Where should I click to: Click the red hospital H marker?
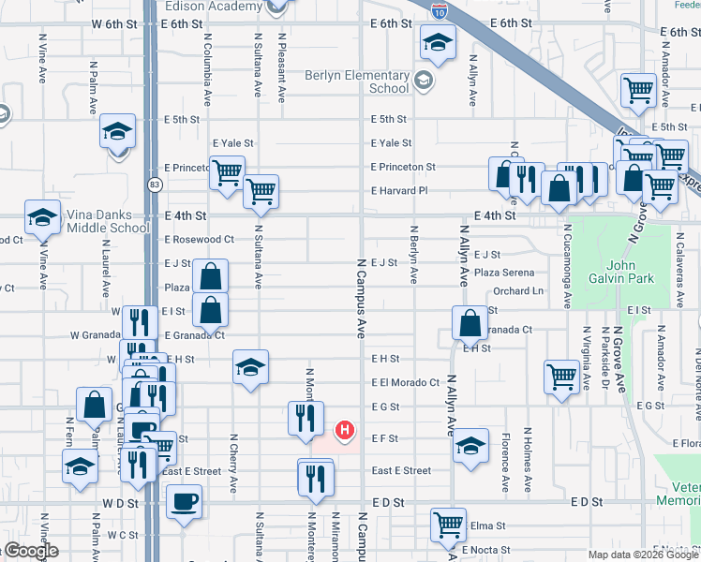tap(345, 431)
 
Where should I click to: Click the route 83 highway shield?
tap(152, 186)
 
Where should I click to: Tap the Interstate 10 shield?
tap(440, 11)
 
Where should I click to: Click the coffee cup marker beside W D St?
tap(184, 501)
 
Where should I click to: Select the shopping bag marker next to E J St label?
tap(213, 276)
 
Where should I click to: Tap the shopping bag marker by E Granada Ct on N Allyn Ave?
tap(469, 323)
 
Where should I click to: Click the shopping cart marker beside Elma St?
tap(449, 525)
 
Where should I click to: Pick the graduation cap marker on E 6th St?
tap(437, 42)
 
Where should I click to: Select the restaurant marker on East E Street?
tap(315, 478)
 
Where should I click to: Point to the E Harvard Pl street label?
tap(398, 190)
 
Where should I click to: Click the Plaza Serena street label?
tap(504, 273)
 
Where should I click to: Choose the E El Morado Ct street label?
tap(405, 382)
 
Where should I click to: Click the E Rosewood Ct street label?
tap(199, 239)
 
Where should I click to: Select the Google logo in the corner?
tap(30, 552)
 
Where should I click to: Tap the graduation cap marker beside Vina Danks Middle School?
tap(43, 218)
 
